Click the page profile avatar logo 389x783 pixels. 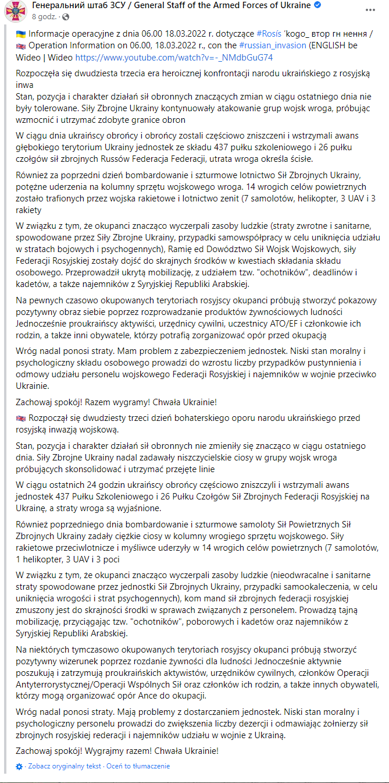[x=15, y=11]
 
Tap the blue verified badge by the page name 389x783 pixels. [x=318, y=6]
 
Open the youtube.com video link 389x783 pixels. [x=174, y=58]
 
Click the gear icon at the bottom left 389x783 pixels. [x=19, y=766]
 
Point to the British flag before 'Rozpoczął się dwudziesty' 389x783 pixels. [x=20, y=419]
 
